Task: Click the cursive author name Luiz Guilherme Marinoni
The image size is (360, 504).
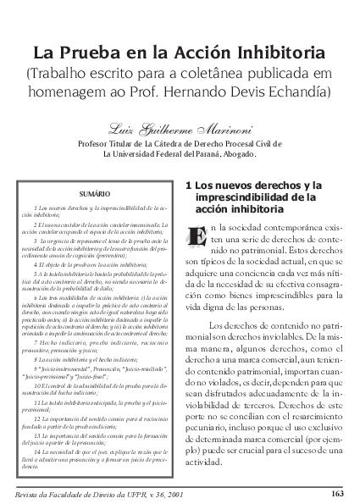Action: click(x=180, y=128)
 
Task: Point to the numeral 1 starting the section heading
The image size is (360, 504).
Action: click(x=186, y=185)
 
